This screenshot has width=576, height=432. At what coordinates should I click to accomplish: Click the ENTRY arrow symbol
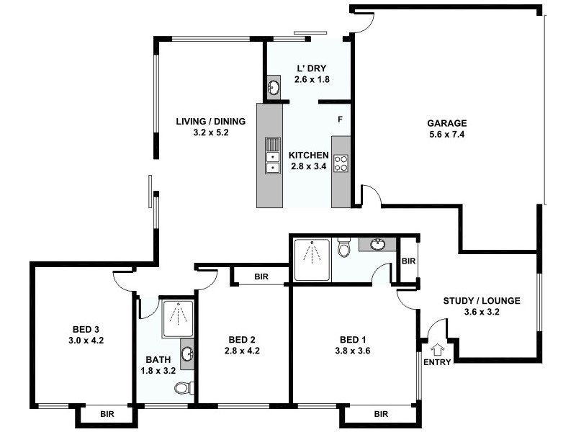[x=436, y=348]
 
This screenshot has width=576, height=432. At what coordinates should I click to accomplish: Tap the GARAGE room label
[x=449, y=122]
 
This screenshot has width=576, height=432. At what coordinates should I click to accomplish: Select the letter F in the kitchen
[x=341, y=118]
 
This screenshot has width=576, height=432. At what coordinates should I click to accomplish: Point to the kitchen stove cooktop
[x=341, y=163]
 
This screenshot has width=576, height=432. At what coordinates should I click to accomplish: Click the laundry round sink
[x=274, y=87]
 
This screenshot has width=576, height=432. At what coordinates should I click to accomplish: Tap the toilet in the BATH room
[x=184, y=388]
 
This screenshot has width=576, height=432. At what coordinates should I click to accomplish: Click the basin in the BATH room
[x=188, y=354]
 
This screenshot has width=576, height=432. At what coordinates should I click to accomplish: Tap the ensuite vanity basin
[x=377, y=244]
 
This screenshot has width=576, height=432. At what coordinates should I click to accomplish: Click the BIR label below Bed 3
[x=107, y=415]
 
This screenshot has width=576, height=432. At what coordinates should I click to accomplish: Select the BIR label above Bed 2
[x=262, y=276]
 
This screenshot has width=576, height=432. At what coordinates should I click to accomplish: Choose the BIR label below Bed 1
[x=381, y=414]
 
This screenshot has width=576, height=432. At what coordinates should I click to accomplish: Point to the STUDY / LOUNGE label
[x=482, y=301]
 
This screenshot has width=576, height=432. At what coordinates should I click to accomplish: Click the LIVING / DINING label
[x=211, y=121]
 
